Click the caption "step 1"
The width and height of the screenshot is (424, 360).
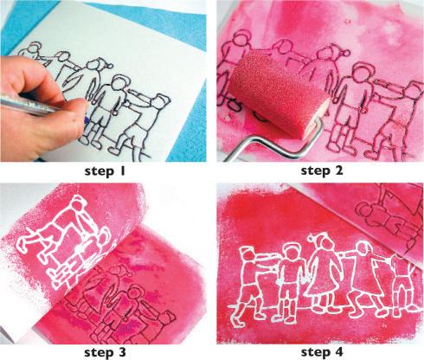click(x=106, y=171)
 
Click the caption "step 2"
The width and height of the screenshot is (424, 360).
click(x=322, y=170)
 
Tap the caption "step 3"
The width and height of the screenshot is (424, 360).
click(x=106, y=352)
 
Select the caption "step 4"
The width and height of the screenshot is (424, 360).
click(x=322, y=352)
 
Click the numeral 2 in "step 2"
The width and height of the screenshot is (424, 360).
click(x=338, y=170)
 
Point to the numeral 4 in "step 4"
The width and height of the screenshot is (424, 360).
click(x=338, y=351)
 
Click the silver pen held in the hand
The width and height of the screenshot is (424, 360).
click(x=28, y=105)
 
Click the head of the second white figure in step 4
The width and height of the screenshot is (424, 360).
click(x=289, y=252)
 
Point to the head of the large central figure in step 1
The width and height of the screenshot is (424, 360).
click(x=119, y=84)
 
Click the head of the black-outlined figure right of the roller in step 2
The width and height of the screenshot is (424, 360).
click(x=362, y=74)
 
